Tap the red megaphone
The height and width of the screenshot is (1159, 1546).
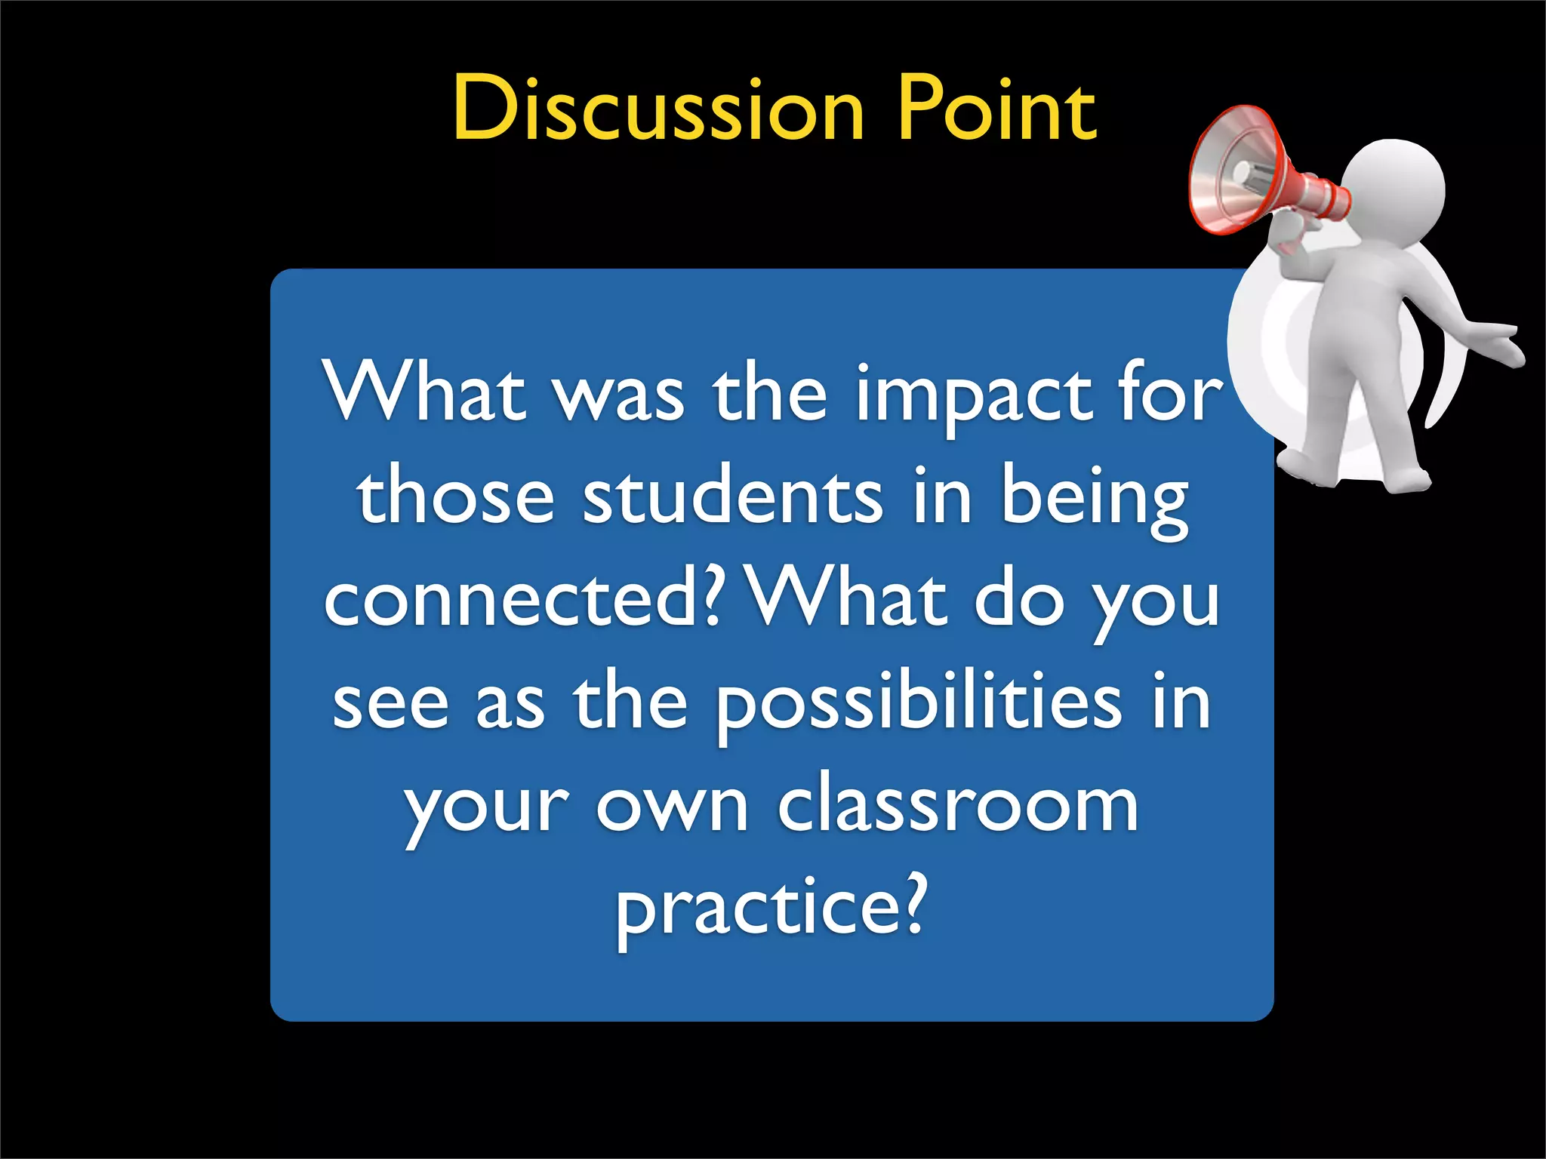click(x=1253, y=174)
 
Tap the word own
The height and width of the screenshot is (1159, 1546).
click(x=672, y=807)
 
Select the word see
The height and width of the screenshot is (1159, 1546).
click(x=390, y=705)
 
